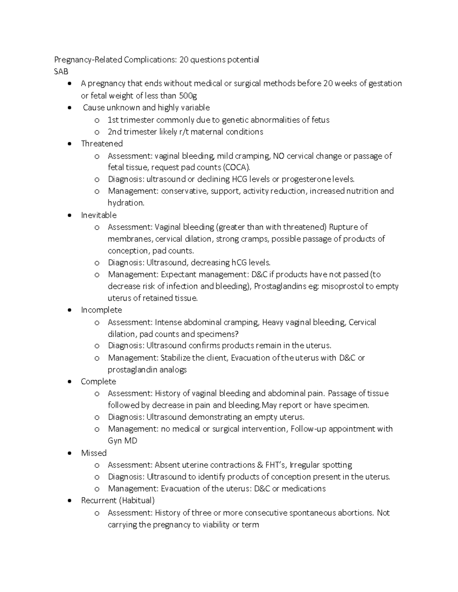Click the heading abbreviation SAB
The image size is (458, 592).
point(61,71)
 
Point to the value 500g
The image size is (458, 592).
point(188,95)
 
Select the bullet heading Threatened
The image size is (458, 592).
point(102,143)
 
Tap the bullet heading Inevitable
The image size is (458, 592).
point(98,215)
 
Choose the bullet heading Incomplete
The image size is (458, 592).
point(101,310)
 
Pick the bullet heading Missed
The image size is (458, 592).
point(94,453)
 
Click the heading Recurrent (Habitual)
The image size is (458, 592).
point(118,500)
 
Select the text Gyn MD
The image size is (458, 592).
point(122,441)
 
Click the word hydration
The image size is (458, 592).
point(126,203)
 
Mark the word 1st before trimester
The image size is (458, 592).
point(113,120)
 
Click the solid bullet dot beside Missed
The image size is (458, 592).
point(69,453)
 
